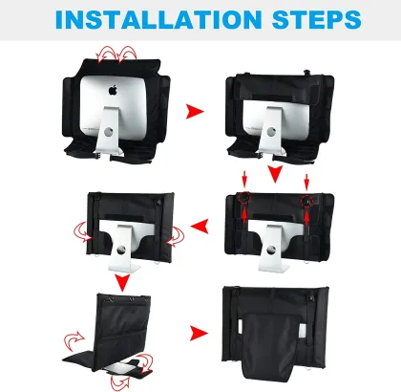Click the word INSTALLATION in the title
point(158,19)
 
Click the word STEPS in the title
point(317,19)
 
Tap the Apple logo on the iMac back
point(113,90)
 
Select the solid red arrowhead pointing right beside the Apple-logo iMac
point(195,111)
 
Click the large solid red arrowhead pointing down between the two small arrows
point(275,174)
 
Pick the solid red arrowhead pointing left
point(200,226)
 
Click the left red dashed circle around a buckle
point(244,199)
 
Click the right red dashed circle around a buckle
point(306,202)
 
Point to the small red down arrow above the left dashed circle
point(244,180)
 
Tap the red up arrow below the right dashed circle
point(306,219)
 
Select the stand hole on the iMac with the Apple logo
point(108,131)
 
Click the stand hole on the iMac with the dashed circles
point(270,250)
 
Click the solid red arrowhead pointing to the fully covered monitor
point(200,334)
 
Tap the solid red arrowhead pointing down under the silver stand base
point(122,282)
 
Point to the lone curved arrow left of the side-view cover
point(74,341)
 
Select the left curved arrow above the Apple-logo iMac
point(107,54)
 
